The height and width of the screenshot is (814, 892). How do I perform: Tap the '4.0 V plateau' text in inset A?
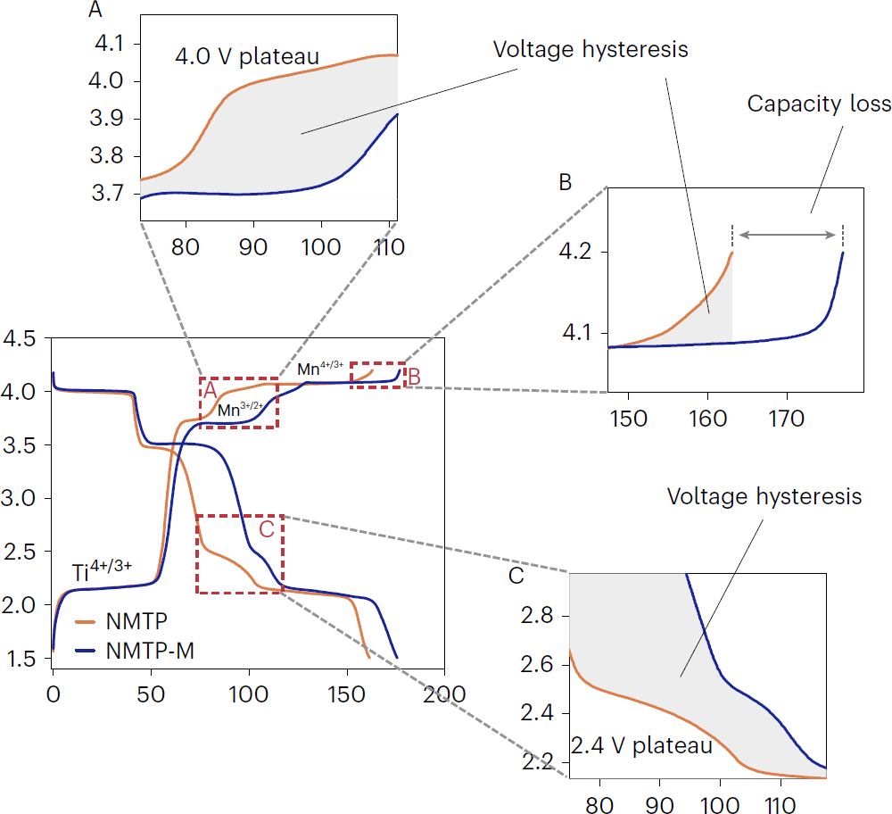pyautogui.click(x=247, y=58)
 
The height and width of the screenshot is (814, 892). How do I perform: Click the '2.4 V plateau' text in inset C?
pyautogui.click(x=640, y=744)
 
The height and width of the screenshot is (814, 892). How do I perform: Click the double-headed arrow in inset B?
pyautogui.click(x=787, y=235)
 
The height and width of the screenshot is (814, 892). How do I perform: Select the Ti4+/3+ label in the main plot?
pyautogui.click(x=103, y=570)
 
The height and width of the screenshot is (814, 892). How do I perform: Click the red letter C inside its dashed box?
pyautogui.click(x=266, y=529)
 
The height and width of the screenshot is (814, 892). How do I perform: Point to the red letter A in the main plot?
pyautogui.click(x=211, y=390)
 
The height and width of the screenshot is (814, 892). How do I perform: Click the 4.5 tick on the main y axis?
pyautogui.click(x=20, y=339)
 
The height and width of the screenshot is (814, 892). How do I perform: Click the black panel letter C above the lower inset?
pyautogui.click(x=516, y=576)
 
